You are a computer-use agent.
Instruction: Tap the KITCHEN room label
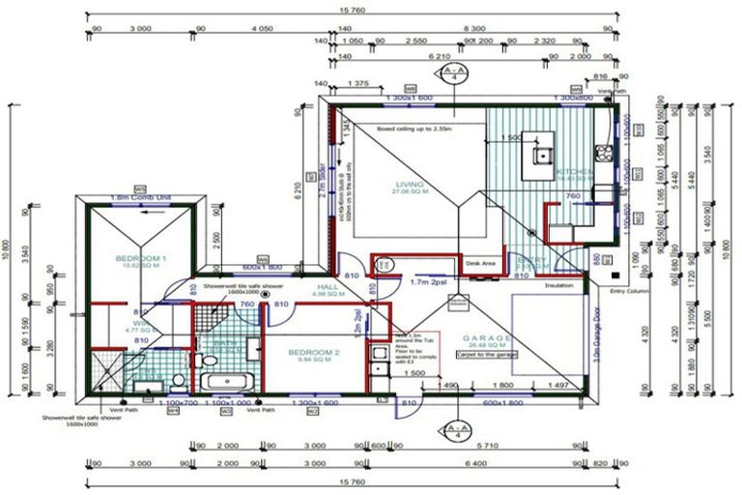point(574,172)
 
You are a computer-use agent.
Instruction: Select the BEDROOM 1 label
point(141,259)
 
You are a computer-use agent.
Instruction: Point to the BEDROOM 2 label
point(316,354)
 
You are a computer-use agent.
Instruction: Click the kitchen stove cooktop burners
point(603,152)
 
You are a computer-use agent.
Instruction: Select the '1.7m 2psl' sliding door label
point(426,282)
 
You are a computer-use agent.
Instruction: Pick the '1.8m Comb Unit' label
point(140,197)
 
